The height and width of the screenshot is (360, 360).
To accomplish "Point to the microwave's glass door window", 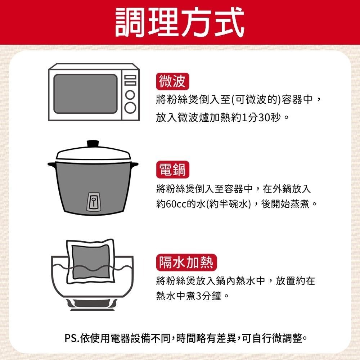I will coord(85,94).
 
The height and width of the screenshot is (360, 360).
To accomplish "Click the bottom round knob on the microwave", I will coord(131,107).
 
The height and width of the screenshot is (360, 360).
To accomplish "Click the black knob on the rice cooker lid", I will coord(93,143).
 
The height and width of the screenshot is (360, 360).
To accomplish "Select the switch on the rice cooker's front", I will coord(93,201).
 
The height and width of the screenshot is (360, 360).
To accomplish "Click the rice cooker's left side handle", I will coord(53,165).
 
